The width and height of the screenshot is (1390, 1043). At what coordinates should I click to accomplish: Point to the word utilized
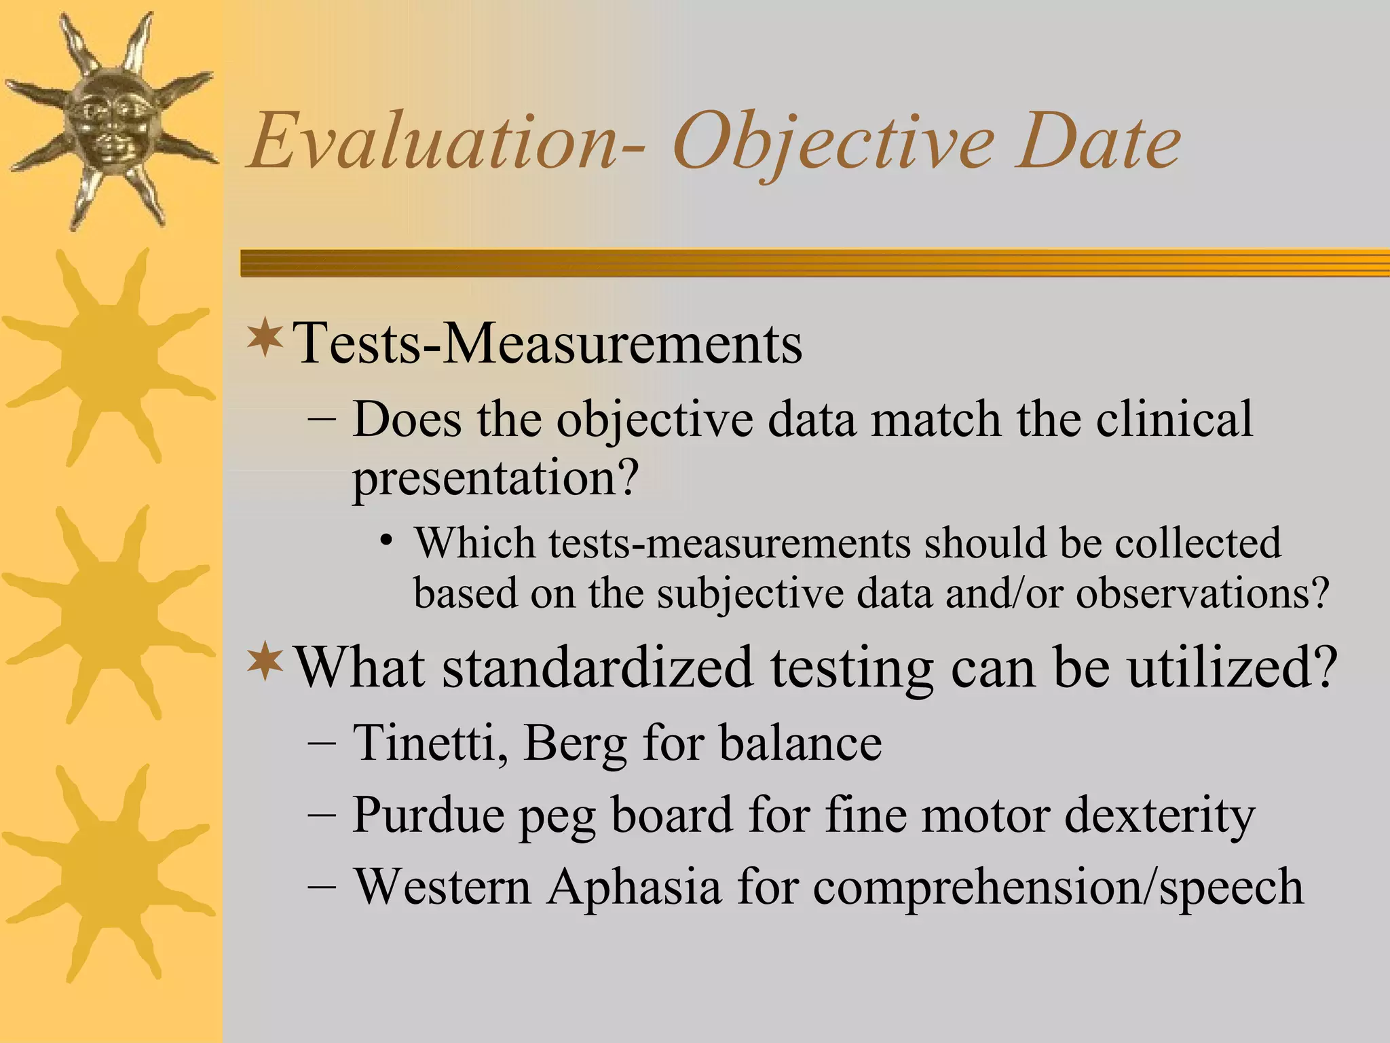point(1231,667)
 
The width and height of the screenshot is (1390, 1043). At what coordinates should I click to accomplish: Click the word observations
point(1201,593)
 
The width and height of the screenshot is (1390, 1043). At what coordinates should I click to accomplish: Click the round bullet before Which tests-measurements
point(386,541)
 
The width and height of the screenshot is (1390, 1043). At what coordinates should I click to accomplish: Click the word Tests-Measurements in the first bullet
point(547,343)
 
